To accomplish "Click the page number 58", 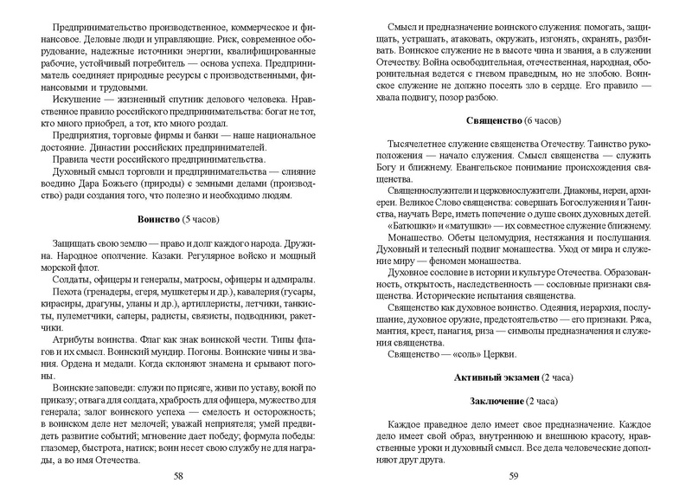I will (178, 475).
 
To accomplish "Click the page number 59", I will (513, 475).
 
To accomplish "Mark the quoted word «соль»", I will (452, 355).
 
